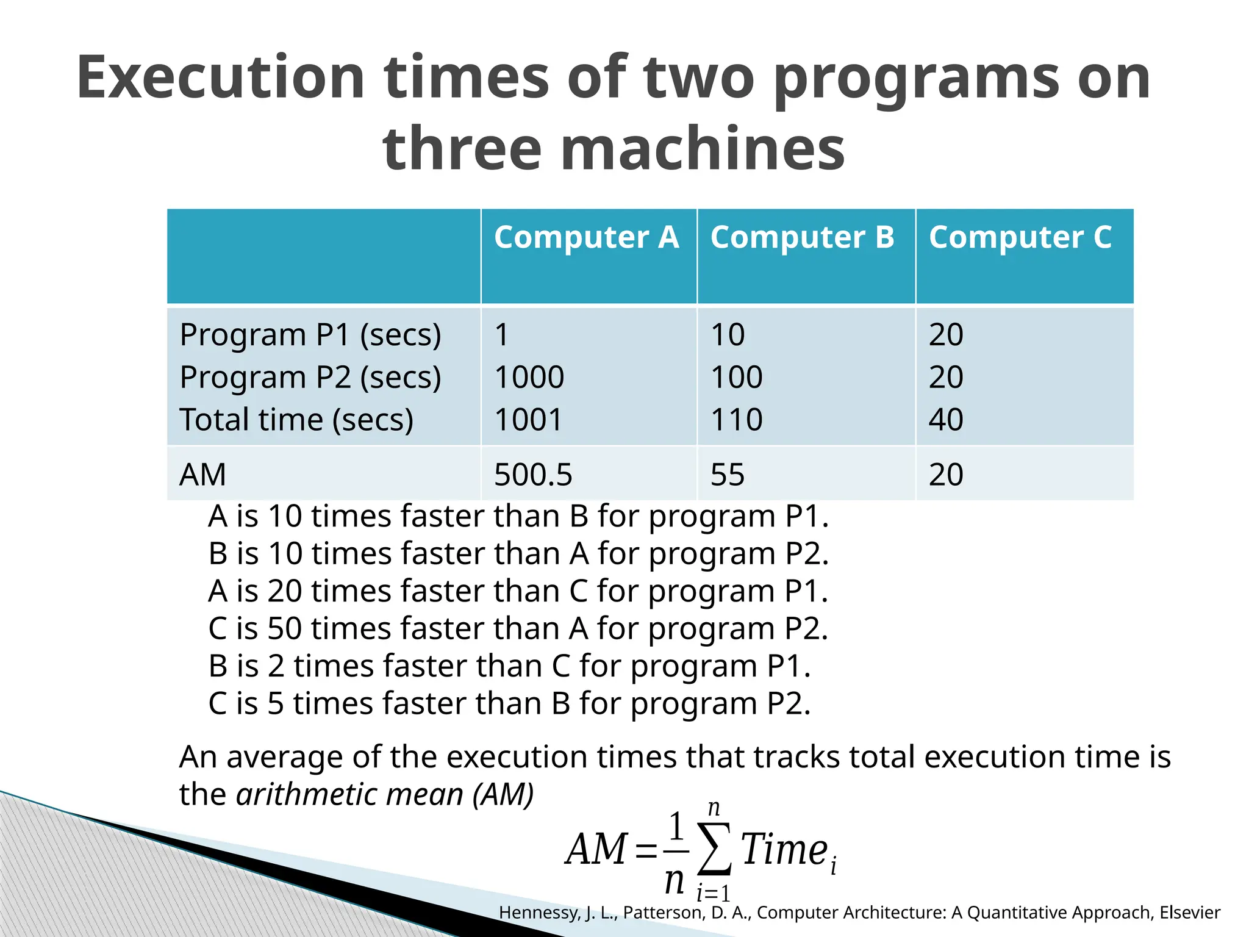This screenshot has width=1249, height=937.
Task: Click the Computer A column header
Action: pos(586,237)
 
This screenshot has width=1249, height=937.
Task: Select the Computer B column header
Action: pos(802,237)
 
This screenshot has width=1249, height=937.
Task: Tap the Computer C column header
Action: pos(1020,237)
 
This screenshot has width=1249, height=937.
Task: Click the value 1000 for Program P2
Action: pos(529,377)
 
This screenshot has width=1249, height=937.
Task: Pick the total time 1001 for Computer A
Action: pos(528,420)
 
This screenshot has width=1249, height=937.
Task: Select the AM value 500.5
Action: pos(533,475)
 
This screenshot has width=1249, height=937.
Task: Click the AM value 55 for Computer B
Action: pos(728,475)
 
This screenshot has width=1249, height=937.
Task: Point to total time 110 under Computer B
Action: pos(737,420)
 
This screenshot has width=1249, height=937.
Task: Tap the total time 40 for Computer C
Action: pos(946,420)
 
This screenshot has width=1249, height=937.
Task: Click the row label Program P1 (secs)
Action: pos(310,335)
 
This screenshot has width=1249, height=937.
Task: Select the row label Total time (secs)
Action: pos(296,420)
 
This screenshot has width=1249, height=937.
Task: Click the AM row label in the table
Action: pos(202,475)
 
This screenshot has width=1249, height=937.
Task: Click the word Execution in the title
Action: pos(220,77)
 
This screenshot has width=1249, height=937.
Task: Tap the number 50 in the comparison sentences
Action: pos(284,628)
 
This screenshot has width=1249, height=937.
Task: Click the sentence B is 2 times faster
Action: pos(509,666)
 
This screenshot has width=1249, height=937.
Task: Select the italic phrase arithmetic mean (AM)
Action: pos(385,794)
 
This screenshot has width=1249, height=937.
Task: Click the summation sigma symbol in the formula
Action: pos(715,849)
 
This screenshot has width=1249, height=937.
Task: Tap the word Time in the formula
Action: pos(784,849)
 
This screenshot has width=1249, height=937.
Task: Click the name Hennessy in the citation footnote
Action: pos(540,913)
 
